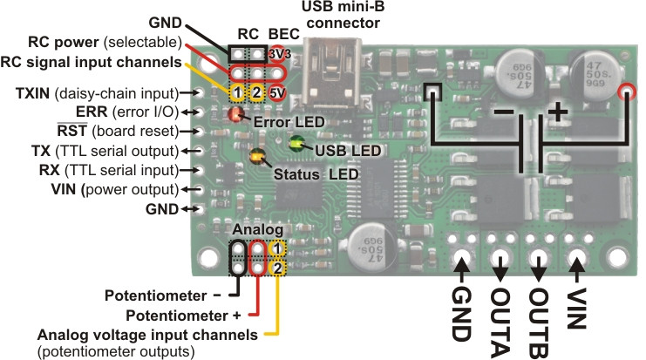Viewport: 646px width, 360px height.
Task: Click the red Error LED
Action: (x=235, y=113)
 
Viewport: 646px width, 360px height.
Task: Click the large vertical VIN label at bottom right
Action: (x=575, y=307)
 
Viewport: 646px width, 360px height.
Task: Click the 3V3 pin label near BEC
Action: (x=276, y=53)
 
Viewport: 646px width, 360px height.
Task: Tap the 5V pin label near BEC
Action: (x=276, y=91)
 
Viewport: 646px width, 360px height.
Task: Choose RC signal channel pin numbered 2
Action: (x=256, y=91)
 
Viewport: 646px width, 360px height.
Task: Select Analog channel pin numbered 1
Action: (x=276, y=250)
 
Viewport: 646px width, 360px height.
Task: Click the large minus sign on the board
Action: (x=502, y=113)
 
